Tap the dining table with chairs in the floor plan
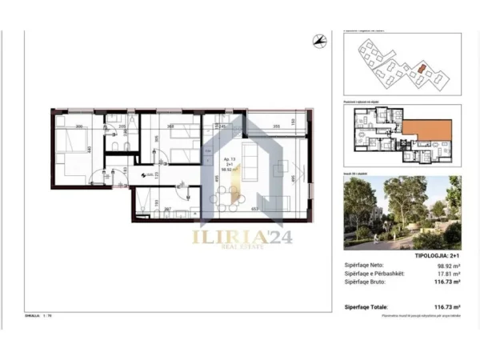(238, 194)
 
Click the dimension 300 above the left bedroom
(79, 126)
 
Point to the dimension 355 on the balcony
(274, 126)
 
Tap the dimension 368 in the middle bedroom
(170, 126)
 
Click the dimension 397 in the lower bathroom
(168, 210)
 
